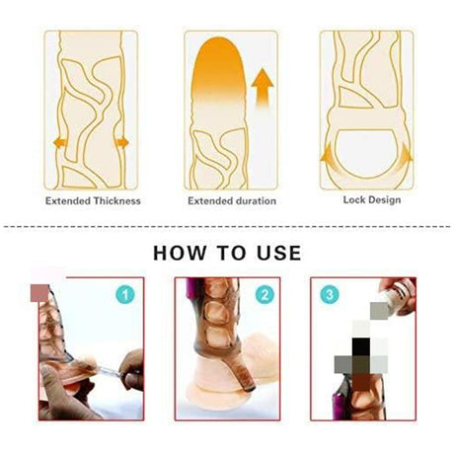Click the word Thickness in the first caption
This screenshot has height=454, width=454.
point(116,200)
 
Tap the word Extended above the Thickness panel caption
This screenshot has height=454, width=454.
point(68,200)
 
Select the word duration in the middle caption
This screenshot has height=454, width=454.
point(255,201)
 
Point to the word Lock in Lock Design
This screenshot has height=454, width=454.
point(354,199)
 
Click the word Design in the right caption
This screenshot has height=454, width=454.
point(385,200)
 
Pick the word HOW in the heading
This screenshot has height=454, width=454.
point(180,253)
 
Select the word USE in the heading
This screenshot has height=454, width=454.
point(278,253)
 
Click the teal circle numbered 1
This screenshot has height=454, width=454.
point(125,294)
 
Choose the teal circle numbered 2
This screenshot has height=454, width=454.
point(265,294)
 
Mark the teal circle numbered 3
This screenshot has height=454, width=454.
point(330,294)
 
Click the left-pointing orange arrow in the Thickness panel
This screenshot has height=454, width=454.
point(59,143)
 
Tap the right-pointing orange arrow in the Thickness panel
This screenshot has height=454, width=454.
point(122,143)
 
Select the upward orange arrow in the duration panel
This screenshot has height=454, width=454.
point(263,87)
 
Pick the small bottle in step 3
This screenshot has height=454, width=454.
point(398,296)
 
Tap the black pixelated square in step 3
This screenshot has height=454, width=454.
point(361,346)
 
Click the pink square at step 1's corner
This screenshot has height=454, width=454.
point(39,293)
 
